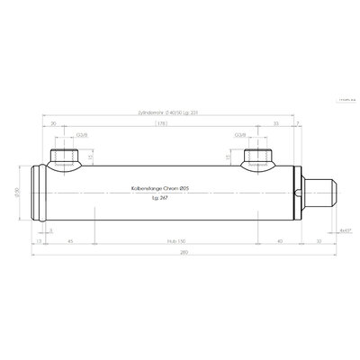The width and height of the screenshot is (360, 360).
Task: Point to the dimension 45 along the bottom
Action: click(x=70, y=241)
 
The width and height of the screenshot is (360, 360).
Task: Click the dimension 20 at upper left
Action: click(x=54, y=125)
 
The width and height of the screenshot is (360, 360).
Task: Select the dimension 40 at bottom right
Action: click(x=280, y=241)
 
